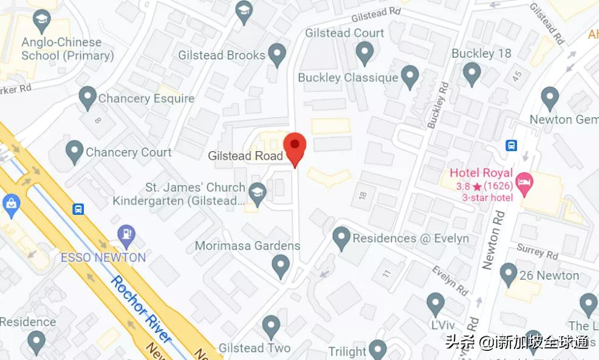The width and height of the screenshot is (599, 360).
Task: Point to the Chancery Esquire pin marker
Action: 87,97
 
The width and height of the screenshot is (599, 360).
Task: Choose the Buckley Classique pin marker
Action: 411,76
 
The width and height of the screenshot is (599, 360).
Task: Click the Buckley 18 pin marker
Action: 472,73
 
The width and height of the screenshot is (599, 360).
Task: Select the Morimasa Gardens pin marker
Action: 280,265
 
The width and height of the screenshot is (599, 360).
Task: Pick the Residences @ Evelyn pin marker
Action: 341,237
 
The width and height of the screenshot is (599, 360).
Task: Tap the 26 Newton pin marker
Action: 508,274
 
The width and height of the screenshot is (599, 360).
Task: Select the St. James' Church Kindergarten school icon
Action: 258,194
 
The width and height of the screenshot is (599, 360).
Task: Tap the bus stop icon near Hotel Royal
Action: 512,145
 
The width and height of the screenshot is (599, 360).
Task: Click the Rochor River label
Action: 140,304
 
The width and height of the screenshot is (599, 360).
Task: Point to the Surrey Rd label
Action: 538,250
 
